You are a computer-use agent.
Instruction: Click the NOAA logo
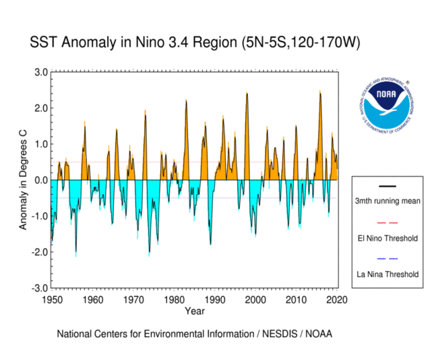tap(385, 105)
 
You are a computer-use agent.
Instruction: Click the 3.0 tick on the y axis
tap(40, 72)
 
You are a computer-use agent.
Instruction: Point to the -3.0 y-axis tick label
tap(38, 288)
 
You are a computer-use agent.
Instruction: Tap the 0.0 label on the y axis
tap(40, 180)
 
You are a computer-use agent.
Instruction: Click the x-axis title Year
tap(195, 311)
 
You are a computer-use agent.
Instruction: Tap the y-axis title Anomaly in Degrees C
tap(24, 180)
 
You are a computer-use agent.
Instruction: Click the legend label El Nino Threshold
tap(387, 238)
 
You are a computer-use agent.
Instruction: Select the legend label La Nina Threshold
tap(387, 274)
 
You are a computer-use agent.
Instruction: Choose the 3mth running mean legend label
tap(387, 202)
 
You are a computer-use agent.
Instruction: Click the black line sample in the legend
tap(387, 186)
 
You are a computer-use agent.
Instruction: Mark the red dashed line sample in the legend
tap(387, 222)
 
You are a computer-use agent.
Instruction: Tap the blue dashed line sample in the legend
tap(387, 259)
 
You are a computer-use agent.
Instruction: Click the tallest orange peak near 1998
tap(247, 94)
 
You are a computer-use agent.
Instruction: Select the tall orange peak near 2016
tap(321, 93)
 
